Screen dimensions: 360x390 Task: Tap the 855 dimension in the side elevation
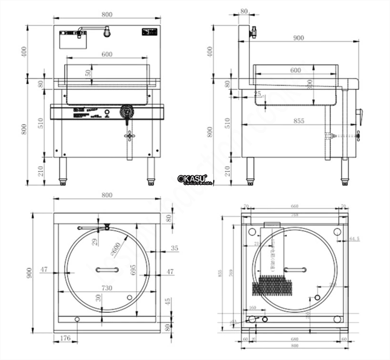[298, 121]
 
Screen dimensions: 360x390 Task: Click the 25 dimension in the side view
[258, 94]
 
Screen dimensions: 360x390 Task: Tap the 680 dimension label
[295, 339]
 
